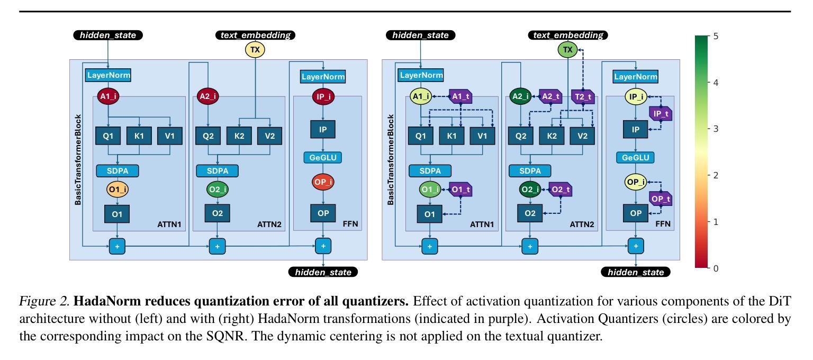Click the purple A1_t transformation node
click(460, 96)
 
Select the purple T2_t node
click(583, 96)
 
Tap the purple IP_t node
click(661, 114)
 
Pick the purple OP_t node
click(661, 199)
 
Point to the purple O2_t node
click(561, 190)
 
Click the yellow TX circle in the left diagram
click(255, 50)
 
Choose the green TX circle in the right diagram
click(567, 50)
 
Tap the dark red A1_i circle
click(108, 96)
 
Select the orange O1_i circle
click(117, 190)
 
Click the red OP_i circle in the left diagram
click(323, 182)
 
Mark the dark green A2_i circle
click(520, 96)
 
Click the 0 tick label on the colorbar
click(716, 268)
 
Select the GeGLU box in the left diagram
click(323, 158)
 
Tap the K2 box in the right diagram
click(552, 136)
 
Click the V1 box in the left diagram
click(170, 136)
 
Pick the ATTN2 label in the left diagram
click(269, 224)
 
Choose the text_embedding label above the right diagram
click(568, 35)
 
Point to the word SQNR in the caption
click(227, 336)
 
